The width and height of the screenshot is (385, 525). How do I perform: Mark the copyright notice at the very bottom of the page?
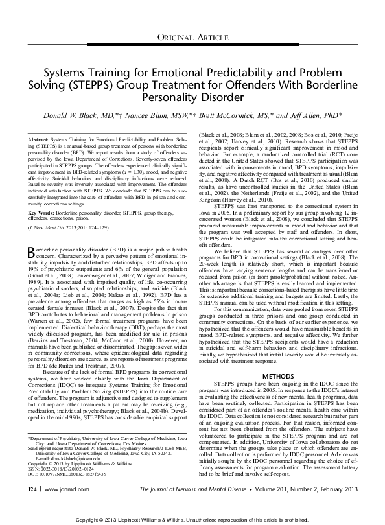[x=192, y=520]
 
